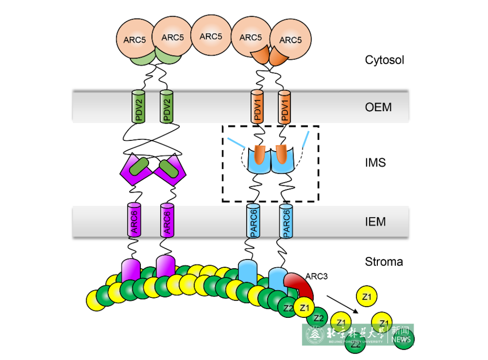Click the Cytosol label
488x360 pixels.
(384, 60)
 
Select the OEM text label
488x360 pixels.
(378, 107)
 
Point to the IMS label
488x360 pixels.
(375, 163)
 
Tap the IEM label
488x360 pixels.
(375, 221)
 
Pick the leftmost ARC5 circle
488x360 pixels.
(134, 40)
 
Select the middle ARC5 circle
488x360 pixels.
(211, 37)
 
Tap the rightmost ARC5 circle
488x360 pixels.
(290, 40)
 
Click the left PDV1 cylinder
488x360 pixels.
(257, 107)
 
